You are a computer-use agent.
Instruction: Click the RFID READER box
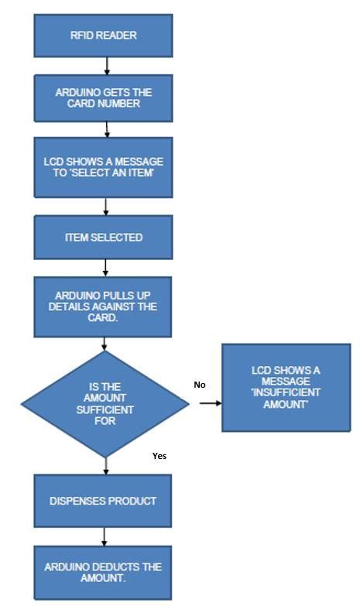pos(105,36)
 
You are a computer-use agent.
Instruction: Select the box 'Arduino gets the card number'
pos(105,98)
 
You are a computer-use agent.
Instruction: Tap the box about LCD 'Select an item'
pos(105,166)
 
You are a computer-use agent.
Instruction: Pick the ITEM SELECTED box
pos(105,238)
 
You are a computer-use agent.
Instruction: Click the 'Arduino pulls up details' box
pos(105,306)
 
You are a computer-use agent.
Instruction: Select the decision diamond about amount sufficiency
pos(105,403)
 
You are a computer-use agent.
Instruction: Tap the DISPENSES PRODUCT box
pos(105,501)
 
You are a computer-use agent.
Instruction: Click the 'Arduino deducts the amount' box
pos(105,573)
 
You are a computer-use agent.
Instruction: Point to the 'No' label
pos(200,384)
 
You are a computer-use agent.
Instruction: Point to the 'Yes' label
pos(159,456)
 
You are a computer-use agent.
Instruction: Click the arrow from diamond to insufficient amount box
pos(209,402)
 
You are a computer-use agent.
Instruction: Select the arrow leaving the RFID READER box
pos(106,67)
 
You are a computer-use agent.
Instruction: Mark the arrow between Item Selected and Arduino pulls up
pos(105,267)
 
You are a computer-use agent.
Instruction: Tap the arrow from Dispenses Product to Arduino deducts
pos(105,536)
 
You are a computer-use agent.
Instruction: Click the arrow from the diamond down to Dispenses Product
pos(105,465)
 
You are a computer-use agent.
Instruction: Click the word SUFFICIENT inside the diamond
pos(105,409)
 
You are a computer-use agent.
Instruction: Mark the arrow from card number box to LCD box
pos(105,128)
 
